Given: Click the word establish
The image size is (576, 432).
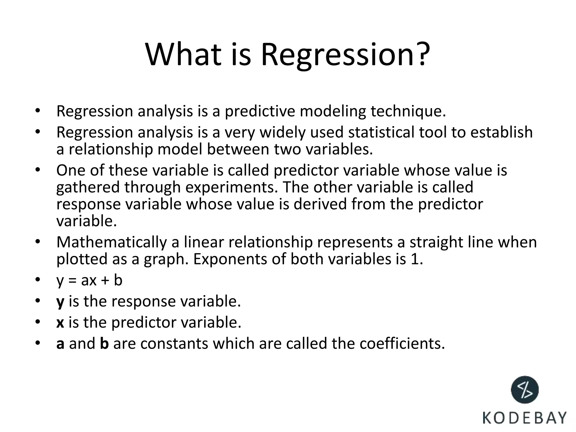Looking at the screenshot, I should (x=501, y=132).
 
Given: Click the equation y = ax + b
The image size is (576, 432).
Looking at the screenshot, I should (x=89, y=280).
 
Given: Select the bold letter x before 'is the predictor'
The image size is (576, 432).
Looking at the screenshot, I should (x=60, y=323).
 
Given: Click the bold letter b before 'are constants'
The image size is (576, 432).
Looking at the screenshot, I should (x=104, y=344).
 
